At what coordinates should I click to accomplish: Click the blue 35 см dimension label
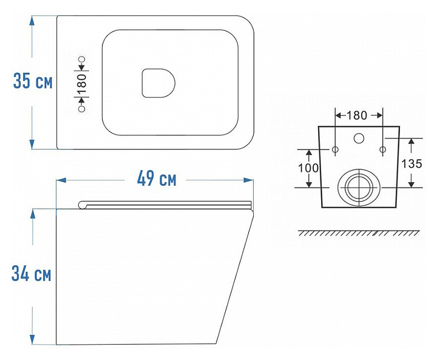coord(33,81)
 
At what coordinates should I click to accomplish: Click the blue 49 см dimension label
coord(157,178)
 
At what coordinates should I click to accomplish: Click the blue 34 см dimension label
coord(31,273)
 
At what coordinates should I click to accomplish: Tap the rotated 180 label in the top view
coord(82,83)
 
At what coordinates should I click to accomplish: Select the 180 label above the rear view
coord(357,115)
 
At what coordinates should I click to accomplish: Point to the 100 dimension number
coord(308,168)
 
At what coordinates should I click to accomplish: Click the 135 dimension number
coord(412,164)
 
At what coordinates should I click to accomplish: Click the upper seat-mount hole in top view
coord(82,59)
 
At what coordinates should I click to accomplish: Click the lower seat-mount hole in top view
coord(82,109)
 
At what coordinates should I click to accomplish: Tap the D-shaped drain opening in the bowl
coord(158,83)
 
